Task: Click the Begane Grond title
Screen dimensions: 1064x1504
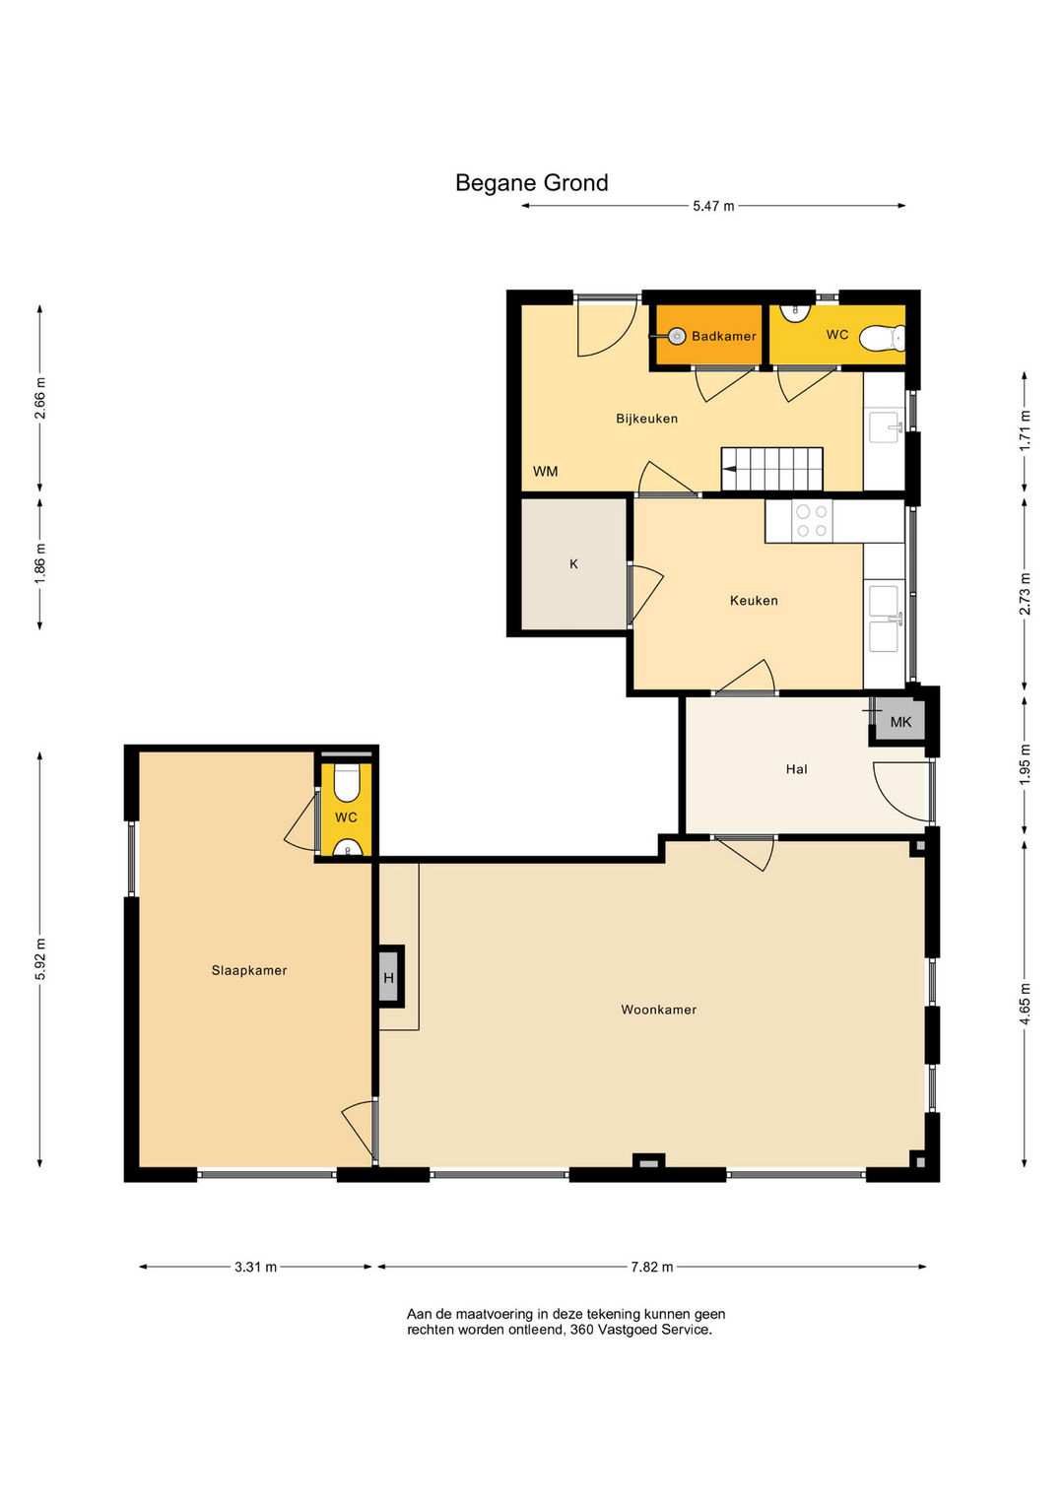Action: point(531,182)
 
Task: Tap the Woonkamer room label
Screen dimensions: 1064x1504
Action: point(658,1010)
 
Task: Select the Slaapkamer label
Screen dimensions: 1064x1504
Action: point(249,970)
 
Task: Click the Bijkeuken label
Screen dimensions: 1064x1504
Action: point(647,419)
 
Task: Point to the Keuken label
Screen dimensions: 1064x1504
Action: point(754,600)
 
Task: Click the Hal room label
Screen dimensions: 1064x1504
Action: point(797,769)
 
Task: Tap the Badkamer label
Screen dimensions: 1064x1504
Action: point(724,336)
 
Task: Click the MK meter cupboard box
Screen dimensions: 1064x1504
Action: point(900,722)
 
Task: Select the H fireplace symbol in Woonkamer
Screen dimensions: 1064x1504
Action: point(389,977)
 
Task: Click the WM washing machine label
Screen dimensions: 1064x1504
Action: point(546,472)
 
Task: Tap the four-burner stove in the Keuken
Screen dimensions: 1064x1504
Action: point(812,521)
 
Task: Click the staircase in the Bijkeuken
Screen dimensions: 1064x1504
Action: point(771,470)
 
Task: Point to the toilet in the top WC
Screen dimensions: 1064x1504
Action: point(883,339)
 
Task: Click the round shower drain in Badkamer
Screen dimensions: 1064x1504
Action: point(677,335)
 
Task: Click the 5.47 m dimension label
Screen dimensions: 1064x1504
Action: point(713,206)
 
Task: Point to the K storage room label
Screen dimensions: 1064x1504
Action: point(573,564)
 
